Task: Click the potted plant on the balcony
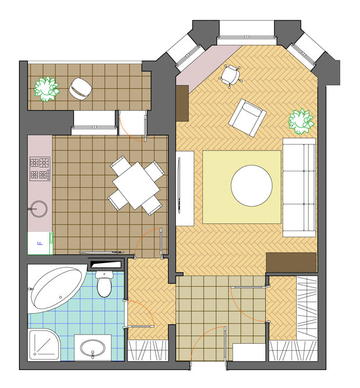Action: (46, 89)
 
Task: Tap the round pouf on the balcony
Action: (80, 89)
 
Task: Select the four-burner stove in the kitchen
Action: (40, 168)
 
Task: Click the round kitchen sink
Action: (38, 209)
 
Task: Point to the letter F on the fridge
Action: (39, 243)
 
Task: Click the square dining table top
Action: (136, 186)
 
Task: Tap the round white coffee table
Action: (251, 186)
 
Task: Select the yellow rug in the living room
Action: (242, 187)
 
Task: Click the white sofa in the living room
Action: (299, 187)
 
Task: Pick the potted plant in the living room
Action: (301, 121)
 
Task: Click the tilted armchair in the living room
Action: (247, 118)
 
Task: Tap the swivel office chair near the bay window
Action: (230, 76)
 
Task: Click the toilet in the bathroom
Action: (104, 284)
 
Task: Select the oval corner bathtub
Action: (57, 288)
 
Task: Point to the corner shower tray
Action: (44, 344)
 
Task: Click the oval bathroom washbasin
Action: (93, 348)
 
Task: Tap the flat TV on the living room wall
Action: (179, 188)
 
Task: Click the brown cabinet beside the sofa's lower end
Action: (291, 263)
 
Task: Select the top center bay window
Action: (247, 37)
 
